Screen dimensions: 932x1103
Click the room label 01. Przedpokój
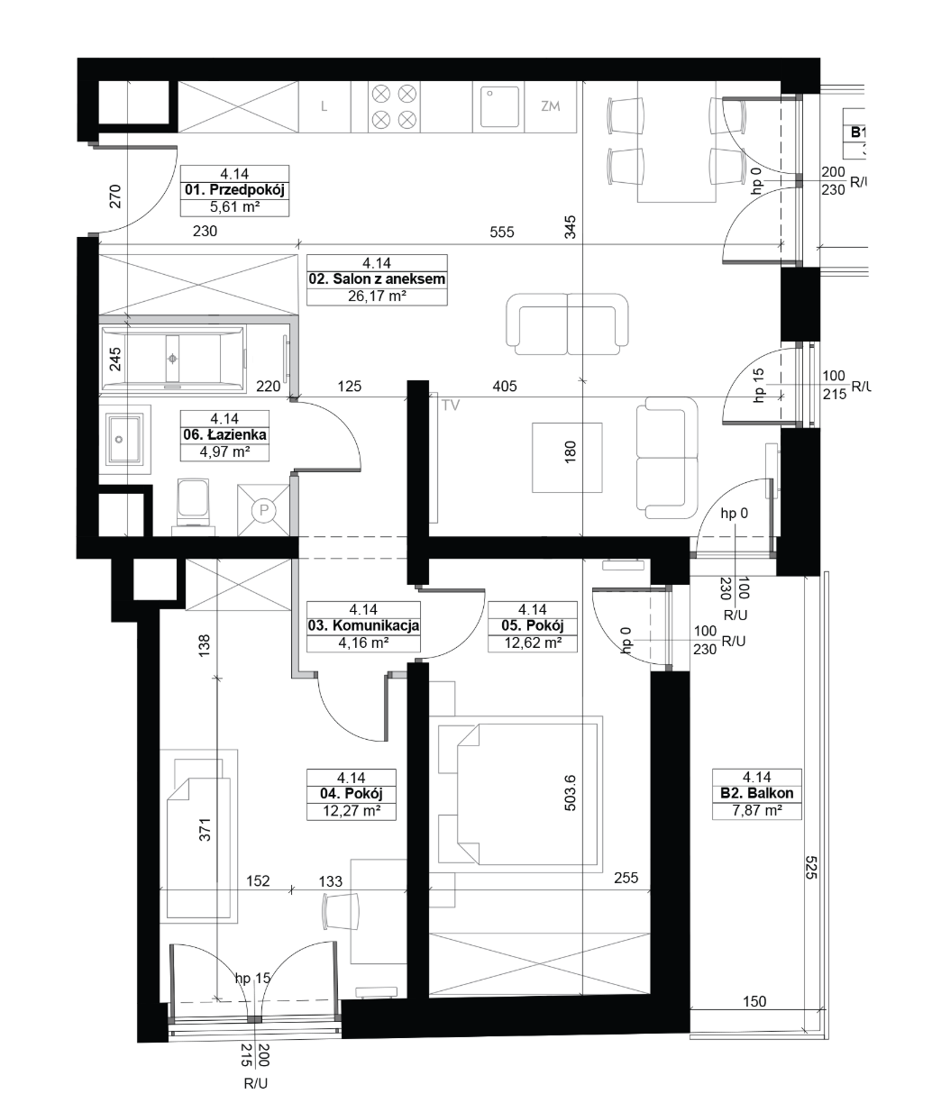(234, 190)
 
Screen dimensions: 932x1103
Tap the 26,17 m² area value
(377, 296)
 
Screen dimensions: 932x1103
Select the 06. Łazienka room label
(224, 435)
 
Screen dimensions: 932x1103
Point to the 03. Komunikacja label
(363, 626)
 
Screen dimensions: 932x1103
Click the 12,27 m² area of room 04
(352, 811)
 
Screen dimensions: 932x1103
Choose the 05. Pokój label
(533, 626)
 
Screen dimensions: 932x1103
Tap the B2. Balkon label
(757, 793)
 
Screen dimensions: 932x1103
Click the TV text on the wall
(451, 406)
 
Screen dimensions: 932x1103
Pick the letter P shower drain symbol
(263, 510)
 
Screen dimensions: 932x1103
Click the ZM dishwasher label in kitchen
(551, 106)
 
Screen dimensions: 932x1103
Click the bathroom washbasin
(125, 439)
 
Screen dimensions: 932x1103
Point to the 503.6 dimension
(570, 793)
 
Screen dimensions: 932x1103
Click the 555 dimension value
(501, 232)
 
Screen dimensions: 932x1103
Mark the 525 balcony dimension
(812, 868)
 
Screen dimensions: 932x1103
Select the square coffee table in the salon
(567, 458)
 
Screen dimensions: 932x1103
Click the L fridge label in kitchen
(324, 106)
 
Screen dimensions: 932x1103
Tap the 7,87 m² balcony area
(757, 810)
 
